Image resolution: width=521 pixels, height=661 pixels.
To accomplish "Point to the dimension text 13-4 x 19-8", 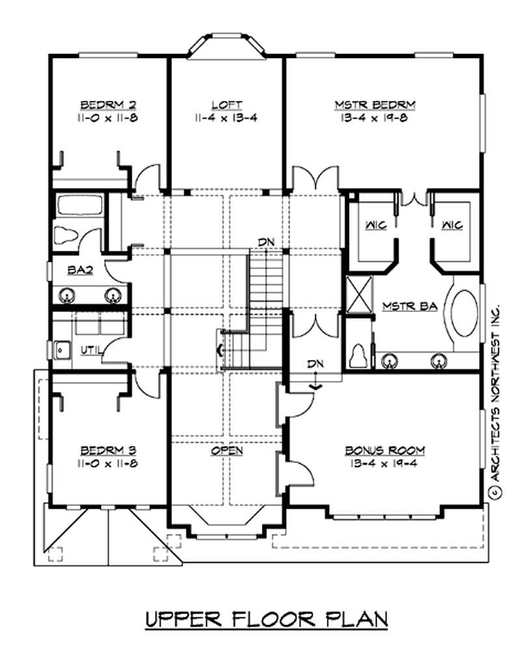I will point(375,119).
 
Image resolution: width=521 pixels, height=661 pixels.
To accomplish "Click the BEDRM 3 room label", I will point(108,450).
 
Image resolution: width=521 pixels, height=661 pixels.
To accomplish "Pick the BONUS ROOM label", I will point(385,450).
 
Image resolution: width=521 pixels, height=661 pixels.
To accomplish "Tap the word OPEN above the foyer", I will point(227,450).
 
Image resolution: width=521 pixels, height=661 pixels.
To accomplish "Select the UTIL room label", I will point(89,350).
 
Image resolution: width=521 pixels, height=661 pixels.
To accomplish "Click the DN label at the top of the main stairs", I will point(266,242).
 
